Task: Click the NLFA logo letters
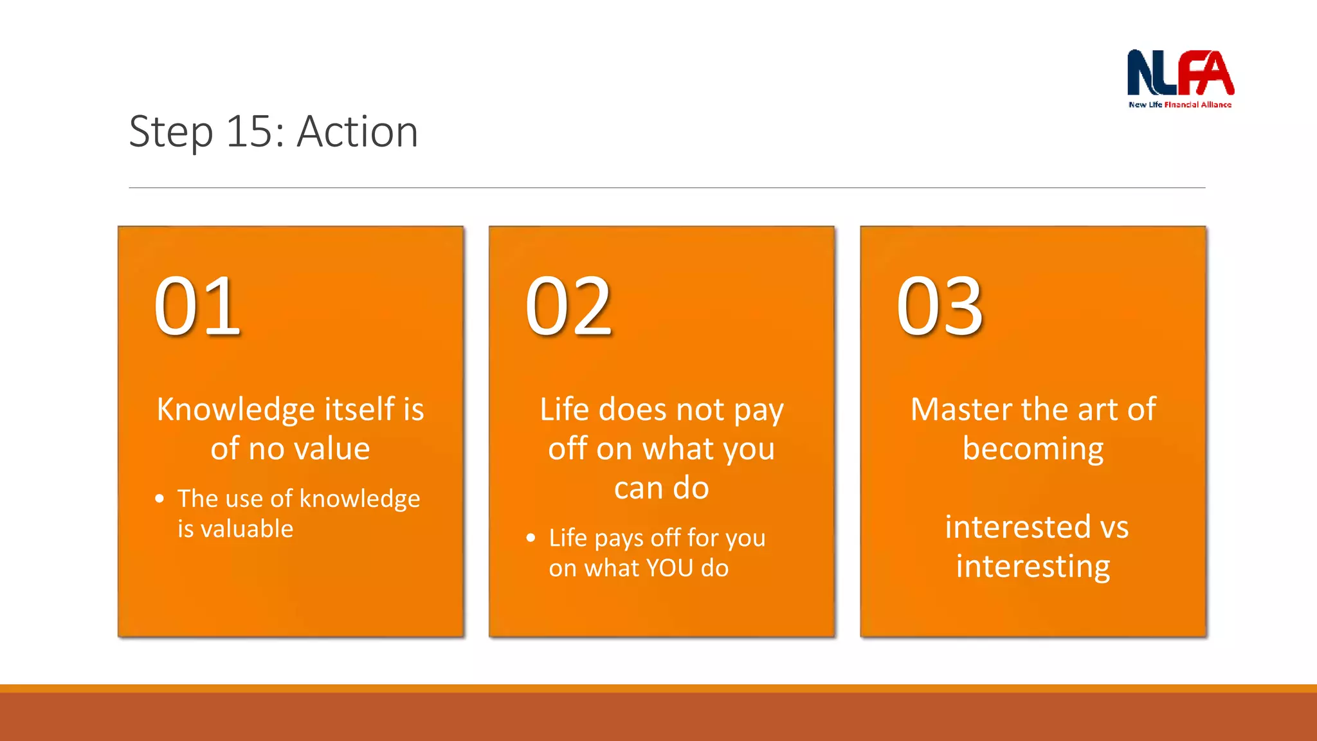[x=1180, y=73]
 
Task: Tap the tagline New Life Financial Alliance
[x=1180, y=105]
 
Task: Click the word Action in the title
[x=358, y=132]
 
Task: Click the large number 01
[x=197, y=306]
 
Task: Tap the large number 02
[x=568, y=306]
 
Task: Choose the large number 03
[x=940, y=306]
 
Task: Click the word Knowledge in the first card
[x=236, y=410]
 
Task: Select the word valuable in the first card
[x=247, y=529]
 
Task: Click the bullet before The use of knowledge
[x=159, y=499]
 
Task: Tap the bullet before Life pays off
[x=531, y=538]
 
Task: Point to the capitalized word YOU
[x=669, y=569]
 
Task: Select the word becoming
[x=1033, y=450]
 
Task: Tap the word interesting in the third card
[x=1033, y=567]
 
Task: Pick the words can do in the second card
[x=661, y=488]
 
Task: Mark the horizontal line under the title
[x=667, y=188]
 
